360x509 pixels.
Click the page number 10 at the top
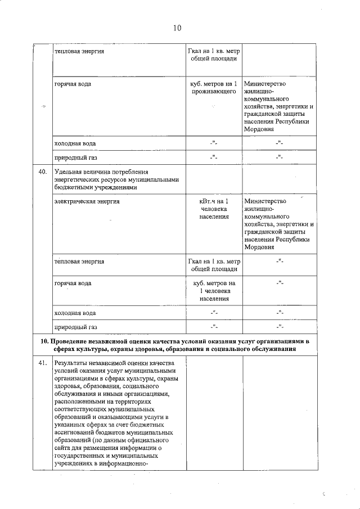[x=177, y=28]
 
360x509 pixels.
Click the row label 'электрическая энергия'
[x=87, y=201]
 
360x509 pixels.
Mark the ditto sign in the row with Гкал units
[x=278, y=262]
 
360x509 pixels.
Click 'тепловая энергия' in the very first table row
[x=79, y=52]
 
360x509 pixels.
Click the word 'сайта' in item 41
[x=64, y=448]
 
